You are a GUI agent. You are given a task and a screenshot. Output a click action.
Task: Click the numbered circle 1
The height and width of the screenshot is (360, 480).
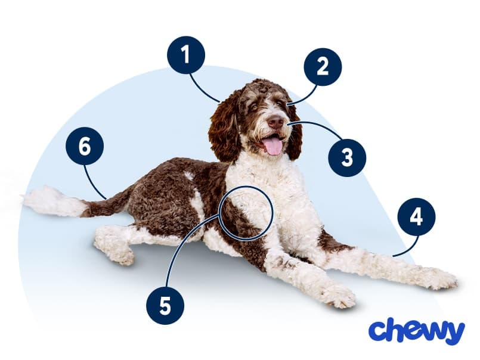tap(186, 55)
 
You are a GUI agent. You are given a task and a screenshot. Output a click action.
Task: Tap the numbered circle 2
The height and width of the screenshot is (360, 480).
tap(323, 67)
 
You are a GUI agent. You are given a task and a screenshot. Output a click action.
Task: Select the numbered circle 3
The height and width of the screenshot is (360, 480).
tap(347, 158)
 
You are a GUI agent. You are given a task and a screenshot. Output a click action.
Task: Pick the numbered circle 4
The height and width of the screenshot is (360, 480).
tap(416, 217)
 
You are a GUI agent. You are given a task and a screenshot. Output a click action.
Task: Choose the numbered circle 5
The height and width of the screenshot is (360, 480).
tap(165, 305)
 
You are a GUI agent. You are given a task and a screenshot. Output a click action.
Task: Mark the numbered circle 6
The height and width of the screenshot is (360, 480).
tap(85, 146)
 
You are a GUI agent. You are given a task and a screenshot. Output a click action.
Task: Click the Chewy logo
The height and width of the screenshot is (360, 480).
tap(417, 331)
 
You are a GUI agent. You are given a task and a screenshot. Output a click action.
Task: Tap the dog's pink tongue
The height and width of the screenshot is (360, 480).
tap(273, 146)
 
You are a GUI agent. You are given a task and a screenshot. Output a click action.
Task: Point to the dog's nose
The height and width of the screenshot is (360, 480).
tap(276, 122)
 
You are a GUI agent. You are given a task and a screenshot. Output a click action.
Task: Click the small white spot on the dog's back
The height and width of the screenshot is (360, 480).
tap(189, 175)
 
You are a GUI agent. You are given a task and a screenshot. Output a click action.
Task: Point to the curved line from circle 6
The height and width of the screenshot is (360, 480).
tap(92, 184)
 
